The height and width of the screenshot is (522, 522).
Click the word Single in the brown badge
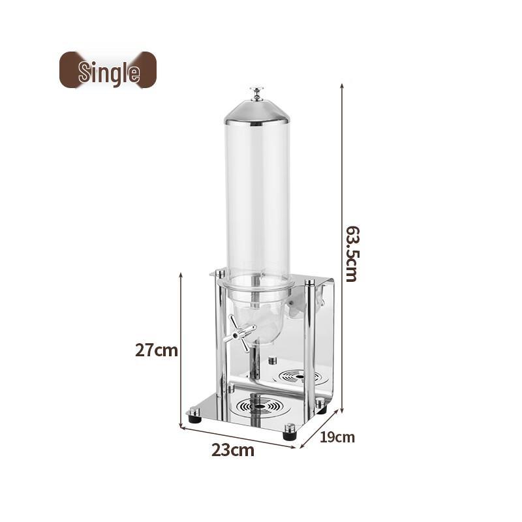coord(108,72)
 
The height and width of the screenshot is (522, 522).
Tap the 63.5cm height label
coord(351,253)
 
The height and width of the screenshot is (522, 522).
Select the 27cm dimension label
coord(157,350)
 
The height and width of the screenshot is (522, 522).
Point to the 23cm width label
coord(232,450)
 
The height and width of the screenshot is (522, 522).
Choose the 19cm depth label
coord(337,437)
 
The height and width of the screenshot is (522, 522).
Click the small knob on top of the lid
coord(256,93)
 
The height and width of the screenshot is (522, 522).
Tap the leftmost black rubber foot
coord(194,416)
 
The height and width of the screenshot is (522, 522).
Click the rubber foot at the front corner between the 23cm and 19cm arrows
coord(289,432)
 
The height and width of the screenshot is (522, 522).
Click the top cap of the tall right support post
coord(309,283)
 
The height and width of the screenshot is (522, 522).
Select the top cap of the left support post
coord(220,273)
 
